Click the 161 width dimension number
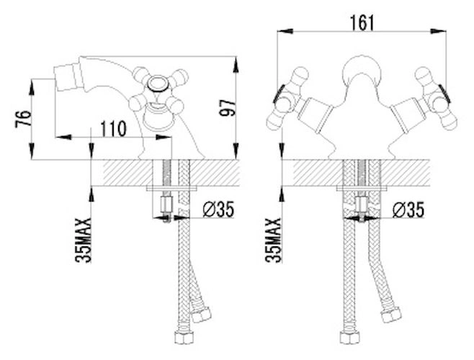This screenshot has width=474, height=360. pos(362,23)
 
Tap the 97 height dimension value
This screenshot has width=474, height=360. pos(228,107)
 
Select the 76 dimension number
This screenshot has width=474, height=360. pos(23,119)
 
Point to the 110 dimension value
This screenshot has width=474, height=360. pos(113,129)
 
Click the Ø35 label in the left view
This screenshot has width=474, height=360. pos(218,210)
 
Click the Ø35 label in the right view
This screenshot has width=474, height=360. pos(408,210)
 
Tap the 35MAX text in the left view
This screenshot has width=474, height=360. pos(84,240)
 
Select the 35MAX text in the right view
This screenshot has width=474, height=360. pos(274,240)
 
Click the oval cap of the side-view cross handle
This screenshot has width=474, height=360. pos(157,83)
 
